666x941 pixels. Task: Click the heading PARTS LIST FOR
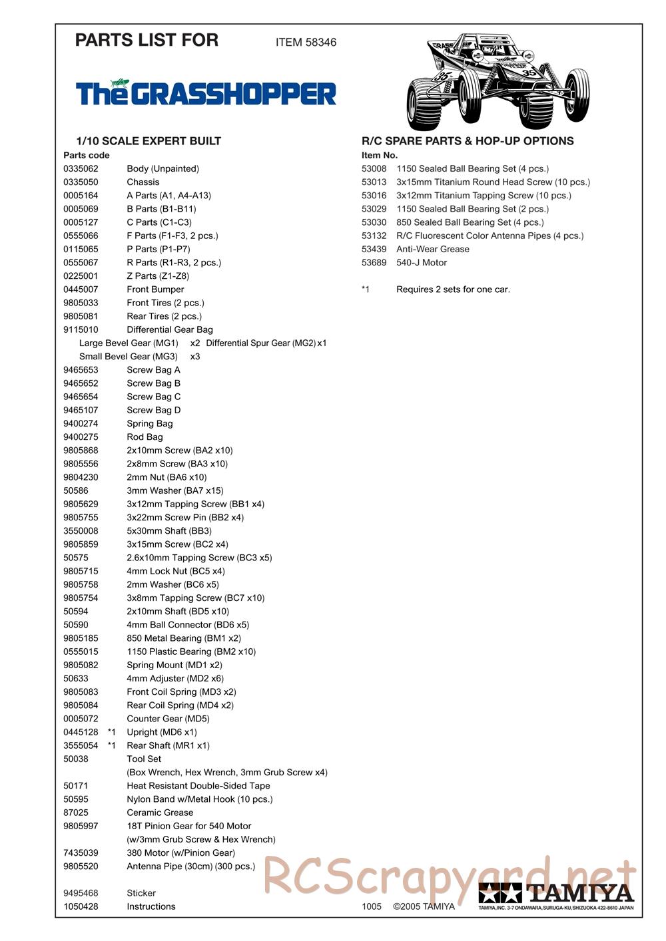pos(147,41)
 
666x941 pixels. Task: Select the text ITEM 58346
pos(306,43)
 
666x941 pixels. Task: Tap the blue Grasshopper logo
pos(206,93)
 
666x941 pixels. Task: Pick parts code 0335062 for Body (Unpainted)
pos(81,169)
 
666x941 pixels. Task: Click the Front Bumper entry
pos(155,289)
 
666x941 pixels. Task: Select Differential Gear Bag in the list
pos(170,329)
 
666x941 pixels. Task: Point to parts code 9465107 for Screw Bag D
pos(81,410)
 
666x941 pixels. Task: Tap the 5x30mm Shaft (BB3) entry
pos(169,531)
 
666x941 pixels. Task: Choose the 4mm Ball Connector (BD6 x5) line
pos(188,625)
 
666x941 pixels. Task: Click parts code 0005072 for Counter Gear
pos(81,719)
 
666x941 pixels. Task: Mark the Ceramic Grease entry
pos(160,813)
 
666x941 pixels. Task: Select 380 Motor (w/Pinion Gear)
pos(180,853)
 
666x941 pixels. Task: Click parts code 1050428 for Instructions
pos(81,906)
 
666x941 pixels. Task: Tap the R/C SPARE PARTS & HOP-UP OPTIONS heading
pos(468,141)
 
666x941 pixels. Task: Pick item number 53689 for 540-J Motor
pos(374,263)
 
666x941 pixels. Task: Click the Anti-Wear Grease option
pos(433,250)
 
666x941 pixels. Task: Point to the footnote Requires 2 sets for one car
pos(453,289)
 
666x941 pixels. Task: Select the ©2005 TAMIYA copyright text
pos(424,906)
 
